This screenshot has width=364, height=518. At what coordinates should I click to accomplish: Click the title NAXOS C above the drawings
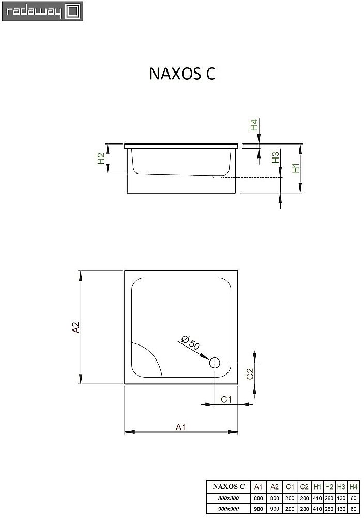pos(182,74)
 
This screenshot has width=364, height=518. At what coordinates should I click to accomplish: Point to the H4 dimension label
pos(254,125)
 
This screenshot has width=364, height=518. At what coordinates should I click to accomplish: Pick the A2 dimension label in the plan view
pos(75,327)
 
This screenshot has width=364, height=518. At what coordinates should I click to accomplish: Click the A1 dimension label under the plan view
pos(180,427)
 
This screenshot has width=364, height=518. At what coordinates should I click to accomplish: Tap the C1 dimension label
pos(226,399)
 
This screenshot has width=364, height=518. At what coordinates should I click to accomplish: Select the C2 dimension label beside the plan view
pos(249,374)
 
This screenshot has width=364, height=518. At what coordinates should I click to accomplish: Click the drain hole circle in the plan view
pos(215,363)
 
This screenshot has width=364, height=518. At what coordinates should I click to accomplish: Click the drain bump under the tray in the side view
pos(217,176)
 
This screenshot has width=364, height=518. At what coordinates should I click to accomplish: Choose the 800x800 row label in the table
pos(225,498)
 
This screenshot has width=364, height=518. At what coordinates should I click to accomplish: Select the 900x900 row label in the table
pos(225,509)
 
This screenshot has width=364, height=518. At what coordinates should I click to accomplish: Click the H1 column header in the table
pos(317,487)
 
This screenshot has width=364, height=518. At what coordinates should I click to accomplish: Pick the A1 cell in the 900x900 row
pos(259,509)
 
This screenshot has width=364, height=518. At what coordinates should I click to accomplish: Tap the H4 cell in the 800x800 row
pos(353,498)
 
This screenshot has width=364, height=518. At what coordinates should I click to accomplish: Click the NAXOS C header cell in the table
pos(225,487)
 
